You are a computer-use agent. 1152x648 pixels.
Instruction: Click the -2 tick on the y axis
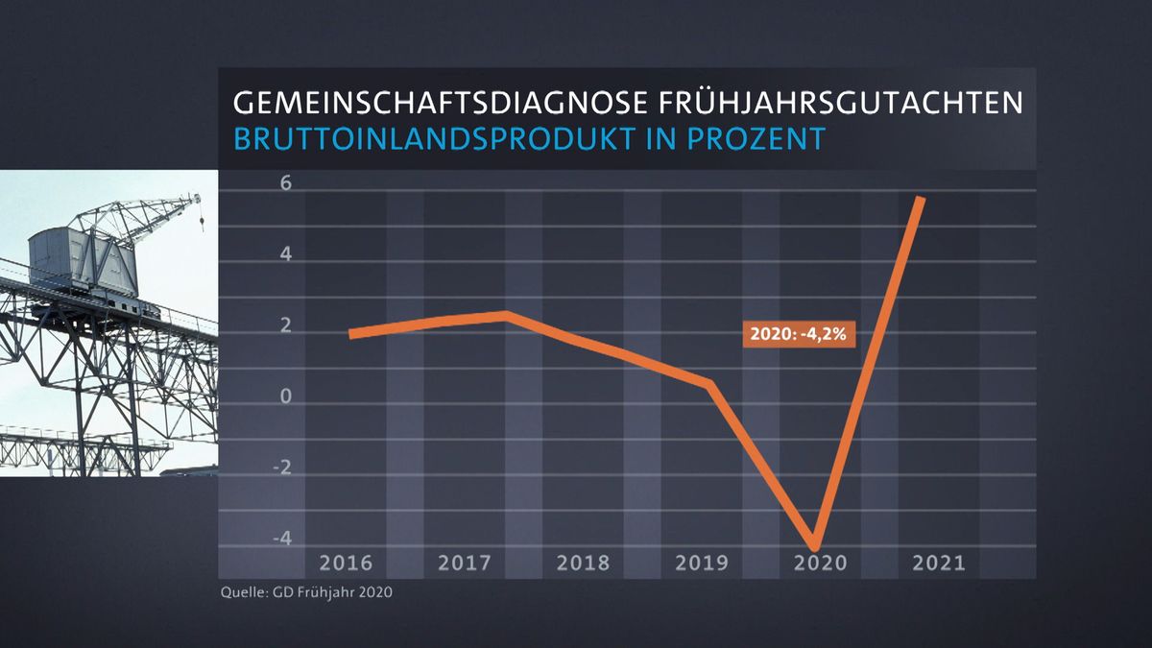(x=256, y=468)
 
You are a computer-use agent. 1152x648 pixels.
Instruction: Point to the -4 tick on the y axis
(x=256, y=539)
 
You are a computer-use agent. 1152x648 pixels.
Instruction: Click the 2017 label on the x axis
(x=464, y=563)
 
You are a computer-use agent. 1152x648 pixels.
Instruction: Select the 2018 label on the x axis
(x=583, y=563)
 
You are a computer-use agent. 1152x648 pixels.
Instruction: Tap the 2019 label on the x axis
(x=702, y=563)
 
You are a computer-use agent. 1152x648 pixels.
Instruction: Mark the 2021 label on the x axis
(x=939, y=563)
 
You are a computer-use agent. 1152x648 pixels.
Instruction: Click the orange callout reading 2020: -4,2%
(x=800, y=335)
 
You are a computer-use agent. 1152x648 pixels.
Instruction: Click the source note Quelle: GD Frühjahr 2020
(x=307, y=592)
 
